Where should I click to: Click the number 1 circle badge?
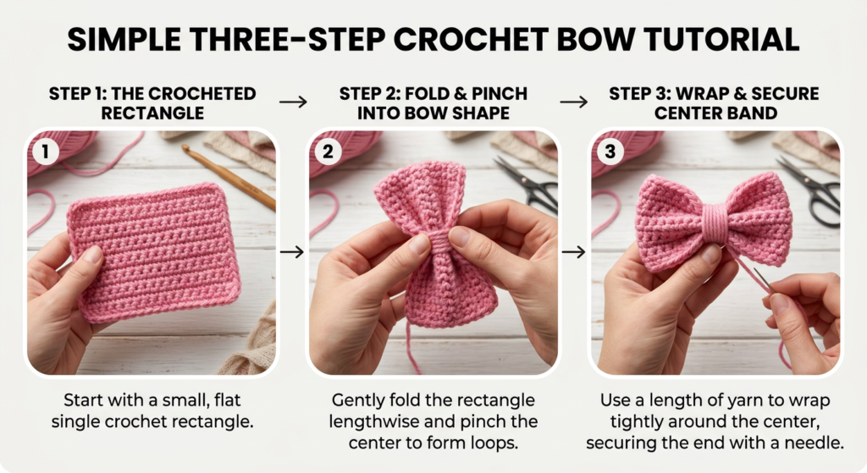(x=46, y=151)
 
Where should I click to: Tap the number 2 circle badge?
(x=328, y=151)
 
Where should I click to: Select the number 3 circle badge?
(x=610, y=151)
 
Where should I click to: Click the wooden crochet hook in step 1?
(x=228, y=177)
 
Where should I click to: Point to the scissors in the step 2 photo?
(x=528, y=184)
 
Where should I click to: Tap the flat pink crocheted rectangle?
(x=154, y=252)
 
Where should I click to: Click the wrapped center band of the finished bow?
(x=715, y=223)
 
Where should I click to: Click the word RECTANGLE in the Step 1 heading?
(x=152, y=113)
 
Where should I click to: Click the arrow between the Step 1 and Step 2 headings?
(x=293, y=102)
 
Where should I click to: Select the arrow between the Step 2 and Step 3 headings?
(x=573, y=102)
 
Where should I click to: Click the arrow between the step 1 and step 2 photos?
(x=292, y=252)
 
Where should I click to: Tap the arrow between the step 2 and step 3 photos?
(x=573, y=252)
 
